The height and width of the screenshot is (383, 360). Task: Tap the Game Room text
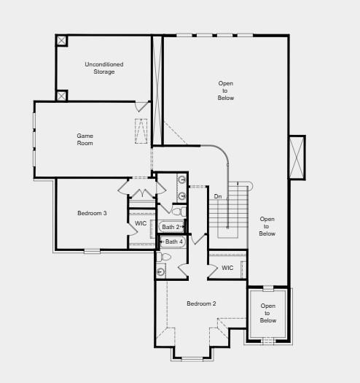click(x=85, y=139)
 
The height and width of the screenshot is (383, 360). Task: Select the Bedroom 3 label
click(x=93, y=213)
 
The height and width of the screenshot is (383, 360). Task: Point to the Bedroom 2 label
click(x=201, y=303)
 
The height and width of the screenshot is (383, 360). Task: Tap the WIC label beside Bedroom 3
click(x=141, y=223)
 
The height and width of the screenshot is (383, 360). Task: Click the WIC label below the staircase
click(x=227, y=268)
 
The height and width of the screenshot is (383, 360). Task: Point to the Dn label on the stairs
click(x=218, y=196)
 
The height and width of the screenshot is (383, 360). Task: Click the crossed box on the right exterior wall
click(x=297, y=158)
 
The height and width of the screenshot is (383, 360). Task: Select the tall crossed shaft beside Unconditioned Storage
click(x=157, y=88)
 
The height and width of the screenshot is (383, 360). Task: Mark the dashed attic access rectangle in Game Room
click(x=141, y=131)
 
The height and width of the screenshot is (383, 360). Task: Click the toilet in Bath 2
click(x=177, y=212)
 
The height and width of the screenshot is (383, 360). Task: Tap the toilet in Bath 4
click(x=164, y=257)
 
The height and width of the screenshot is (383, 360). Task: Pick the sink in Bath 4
click(x=161, y=271)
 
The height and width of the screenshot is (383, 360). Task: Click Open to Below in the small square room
click(x=268, y=313)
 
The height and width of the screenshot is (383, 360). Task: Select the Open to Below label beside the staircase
click(x=267, y=226)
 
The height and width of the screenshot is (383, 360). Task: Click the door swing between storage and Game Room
click(x=142, y=107)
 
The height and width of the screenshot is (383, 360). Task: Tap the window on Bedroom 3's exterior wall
click(x=92, y=251)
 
